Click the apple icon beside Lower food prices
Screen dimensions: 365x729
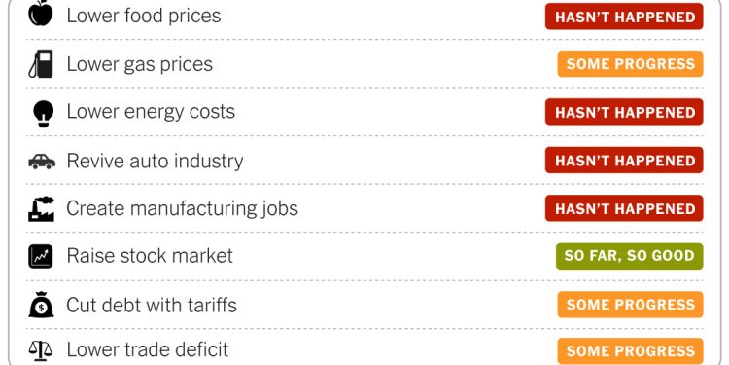tap(41, 15)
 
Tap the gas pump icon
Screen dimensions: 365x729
tap(41, 64)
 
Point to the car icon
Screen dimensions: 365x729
tap(42, 162)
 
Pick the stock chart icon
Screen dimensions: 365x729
tap(41, 257)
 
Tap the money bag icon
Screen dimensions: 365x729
tap(41, 305)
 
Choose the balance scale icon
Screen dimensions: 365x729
tap(41, 349)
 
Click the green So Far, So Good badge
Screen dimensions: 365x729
tap(630, 257)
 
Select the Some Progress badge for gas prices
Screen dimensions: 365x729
tap(630, 64)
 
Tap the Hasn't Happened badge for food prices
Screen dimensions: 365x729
tap(624, 17)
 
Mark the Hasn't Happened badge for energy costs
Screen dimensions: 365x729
tap(624, 113)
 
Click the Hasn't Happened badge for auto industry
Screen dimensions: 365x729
tap(624, 161)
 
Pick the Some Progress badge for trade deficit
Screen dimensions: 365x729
tap(630, 350)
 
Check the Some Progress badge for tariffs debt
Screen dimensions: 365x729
tap(630, 305)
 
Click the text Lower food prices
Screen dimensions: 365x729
tap(143, 16)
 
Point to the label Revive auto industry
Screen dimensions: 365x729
tap(155, 161)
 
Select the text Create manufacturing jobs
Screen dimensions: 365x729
tap(182, 208)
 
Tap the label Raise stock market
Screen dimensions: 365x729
tap(150, 256)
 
